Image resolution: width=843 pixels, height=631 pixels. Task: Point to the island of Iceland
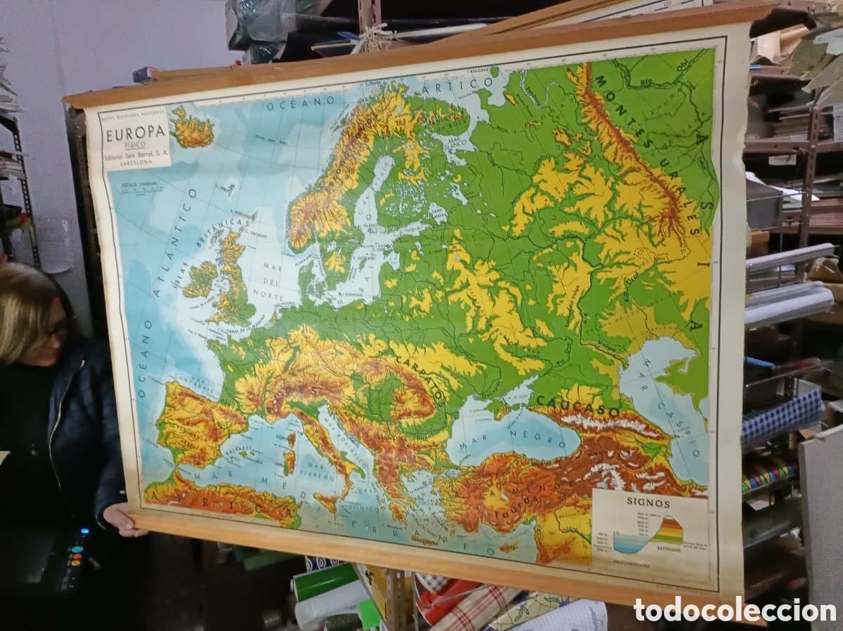click(x=191, y=130)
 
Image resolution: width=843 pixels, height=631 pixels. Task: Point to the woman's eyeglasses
click(x=58, y=328)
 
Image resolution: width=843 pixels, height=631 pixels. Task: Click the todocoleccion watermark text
click(x=734, y=610)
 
